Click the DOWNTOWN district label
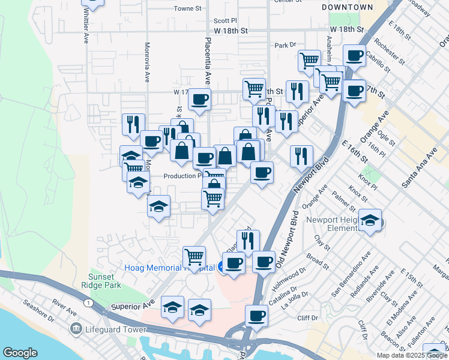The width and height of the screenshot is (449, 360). click(347, 7)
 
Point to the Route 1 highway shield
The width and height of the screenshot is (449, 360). click(88, 304)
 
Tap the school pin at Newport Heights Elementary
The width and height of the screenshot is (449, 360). click(370, 220)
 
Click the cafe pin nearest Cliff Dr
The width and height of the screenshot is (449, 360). click(257, 316)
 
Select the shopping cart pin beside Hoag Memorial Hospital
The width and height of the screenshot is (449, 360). click(194, 257)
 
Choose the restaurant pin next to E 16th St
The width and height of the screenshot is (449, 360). click(301, 156)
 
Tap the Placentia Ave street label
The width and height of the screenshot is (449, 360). click(208, 60)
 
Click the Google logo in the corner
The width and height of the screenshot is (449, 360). click(20, 352)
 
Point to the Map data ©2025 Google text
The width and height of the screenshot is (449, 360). click(412, 355)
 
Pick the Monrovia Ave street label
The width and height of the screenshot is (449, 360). click(146, 62)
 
